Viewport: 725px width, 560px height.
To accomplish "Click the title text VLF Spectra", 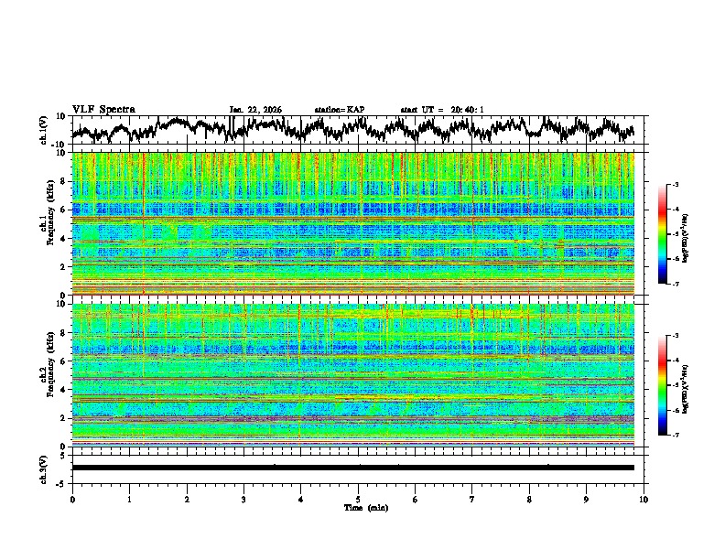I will tap(103, 110).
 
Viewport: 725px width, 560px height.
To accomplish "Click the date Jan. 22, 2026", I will tap(255, 110).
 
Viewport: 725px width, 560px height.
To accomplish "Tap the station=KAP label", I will tap(339, 110).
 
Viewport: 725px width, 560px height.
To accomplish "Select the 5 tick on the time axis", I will tap(358, 499).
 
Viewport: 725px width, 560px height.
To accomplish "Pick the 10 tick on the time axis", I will tap(644, 499).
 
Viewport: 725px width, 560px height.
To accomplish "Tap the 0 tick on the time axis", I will tap(72, 499).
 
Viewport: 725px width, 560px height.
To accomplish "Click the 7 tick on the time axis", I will tap(472, 499).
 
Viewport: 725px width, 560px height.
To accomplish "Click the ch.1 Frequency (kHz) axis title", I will tap(48, 224).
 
